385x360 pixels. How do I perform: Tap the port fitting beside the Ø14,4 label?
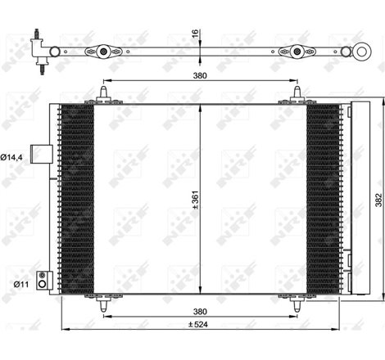(39, 153)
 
